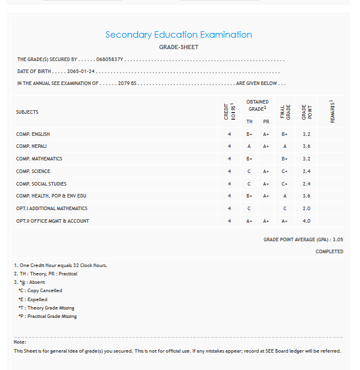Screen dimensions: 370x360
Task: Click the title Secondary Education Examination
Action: point(179,35)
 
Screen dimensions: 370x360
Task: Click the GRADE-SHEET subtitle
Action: point(179,47)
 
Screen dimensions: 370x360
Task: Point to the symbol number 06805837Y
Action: point(109,60)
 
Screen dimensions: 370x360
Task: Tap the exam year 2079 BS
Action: point(127,83)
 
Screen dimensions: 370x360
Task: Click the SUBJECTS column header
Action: point(27,112)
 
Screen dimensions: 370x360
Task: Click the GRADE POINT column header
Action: point(306,112)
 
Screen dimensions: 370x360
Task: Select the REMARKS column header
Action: point(332,112)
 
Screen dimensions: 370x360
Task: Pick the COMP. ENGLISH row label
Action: point(33,134)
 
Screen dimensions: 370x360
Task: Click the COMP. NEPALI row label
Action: point(31,146)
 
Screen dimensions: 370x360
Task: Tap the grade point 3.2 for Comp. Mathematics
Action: point(306,159)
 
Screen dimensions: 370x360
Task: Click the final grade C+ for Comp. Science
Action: point(285,171)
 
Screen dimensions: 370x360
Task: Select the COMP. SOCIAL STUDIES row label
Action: point(41,184)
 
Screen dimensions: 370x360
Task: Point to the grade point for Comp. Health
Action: point(306,196)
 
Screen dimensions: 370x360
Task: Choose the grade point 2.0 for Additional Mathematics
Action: point(306,208)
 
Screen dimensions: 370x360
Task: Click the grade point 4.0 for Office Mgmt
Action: point(306,221)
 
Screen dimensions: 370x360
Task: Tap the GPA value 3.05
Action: point(337,239)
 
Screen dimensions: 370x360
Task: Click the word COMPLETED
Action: point(330,251)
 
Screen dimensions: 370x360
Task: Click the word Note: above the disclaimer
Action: point(20,342)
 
